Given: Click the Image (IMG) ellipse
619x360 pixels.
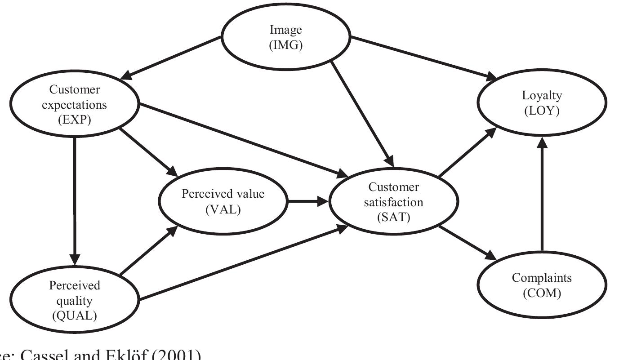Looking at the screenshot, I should tap(286, 38).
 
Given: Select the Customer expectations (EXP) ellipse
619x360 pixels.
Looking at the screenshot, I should tap(75, 104).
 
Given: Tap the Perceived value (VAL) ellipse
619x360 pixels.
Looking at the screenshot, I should tap(223, 201).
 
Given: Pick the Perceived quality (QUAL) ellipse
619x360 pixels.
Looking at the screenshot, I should tap(75, 300).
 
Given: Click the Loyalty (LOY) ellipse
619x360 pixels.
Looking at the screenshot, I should tap(542, 103).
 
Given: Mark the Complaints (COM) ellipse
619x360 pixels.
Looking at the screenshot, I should tap(542, 285).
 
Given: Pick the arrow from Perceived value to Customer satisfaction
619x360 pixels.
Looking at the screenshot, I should tap(308, 201).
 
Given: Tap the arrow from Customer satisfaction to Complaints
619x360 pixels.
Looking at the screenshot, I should tap(468, 243).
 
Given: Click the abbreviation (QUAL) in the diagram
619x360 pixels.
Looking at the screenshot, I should tap(75, 316).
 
